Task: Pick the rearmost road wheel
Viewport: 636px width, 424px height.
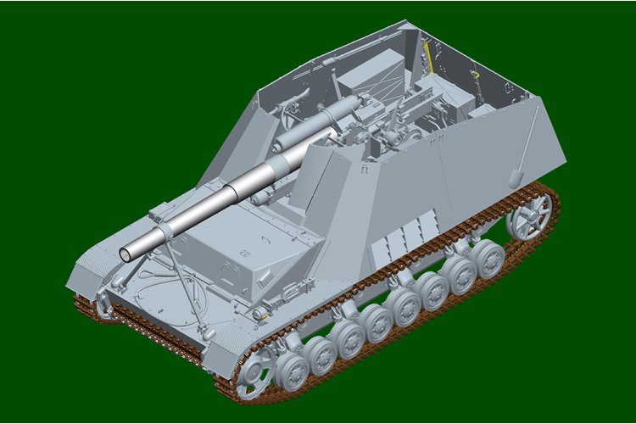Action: (x=489, y=259)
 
